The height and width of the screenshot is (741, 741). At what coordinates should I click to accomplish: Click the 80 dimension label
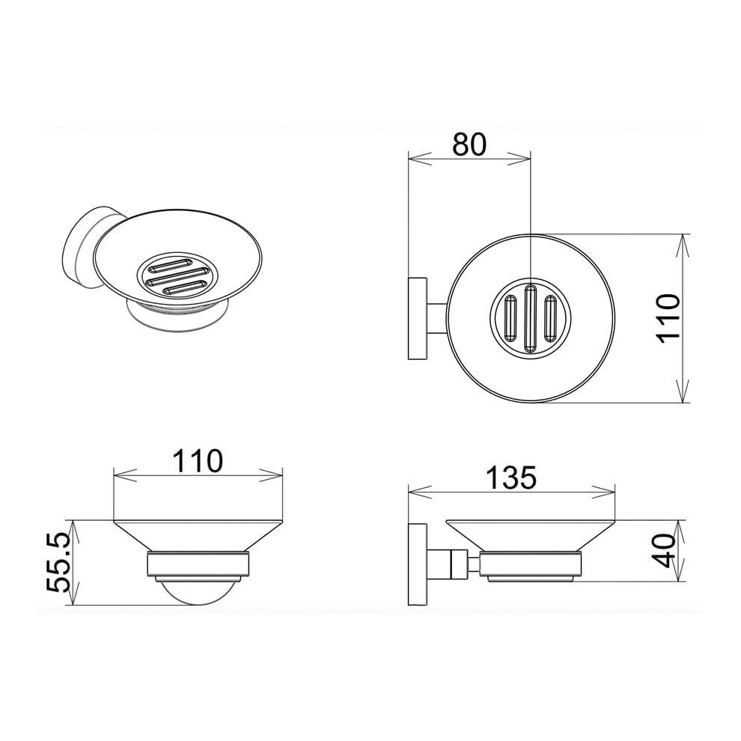469,144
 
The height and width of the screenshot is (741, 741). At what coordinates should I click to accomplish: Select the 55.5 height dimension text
59,564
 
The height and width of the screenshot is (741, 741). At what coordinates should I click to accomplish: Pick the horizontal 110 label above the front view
197,461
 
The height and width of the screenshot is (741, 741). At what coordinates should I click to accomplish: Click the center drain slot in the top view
530,317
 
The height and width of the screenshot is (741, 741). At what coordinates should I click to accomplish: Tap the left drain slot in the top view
511,318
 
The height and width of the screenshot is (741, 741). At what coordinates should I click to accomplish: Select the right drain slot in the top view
549,318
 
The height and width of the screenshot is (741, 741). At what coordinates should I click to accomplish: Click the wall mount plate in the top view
418,319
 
